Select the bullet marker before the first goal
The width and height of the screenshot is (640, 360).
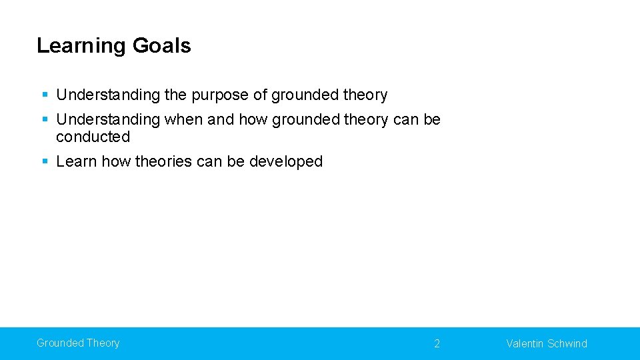pos(45,95)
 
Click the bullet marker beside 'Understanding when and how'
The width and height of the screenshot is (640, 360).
pos(45,120)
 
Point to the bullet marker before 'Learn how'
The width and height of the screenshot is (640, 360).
pos(45,161)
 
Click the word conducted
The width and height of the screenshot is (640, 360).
pos(93,137)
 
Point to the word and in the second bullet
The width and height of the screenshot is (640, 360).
pos(221,120)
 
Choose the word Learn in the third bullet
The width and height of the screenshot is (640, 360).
pos(77,161)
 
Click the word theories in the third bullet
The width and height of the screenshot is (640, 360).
pos(163,161)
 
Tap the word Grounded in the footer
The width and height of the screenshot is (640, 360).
pos(59,343)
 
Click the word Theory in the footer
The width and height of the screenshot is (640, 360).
pos(103,343)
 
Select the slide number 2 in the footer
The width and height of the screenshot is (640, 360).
pos(437,344)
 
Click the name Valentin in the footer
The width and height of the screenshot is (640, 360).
pos(525,344)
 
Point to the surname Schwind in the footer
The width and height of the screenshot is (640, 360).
pos(567,344)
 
